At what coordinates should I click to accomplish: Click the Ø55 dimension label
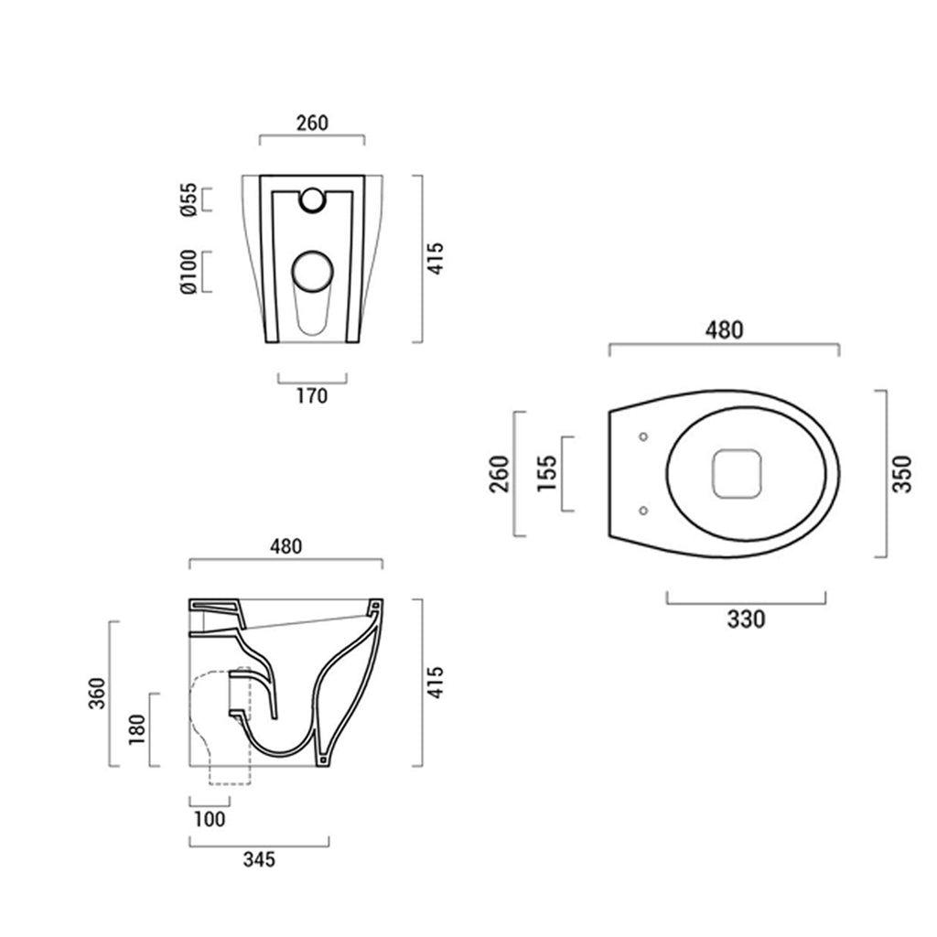[188, 199]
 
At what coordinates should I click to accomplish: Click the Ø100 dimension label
[188, 272]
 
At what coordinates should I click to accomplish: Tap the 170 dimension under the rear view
[311, 396]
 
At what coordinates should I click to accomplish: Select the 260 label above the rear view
[312, 123]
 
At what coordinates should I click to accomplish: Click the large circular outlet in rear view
[313, 272]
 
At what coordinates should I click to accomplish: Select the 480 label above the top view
[724, 329]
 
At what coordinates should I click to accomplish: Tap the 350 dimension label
[903, 473]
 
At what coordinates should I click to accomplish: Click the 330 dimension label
[746, 619]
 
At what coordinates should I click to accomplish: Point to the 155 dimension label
[547, 473]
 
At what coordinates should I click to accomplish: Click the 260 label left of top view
[499, 473]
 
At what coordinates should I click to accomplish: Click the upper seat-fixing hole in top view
[642, 436]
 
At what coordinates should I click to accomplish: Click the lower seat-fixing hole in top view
[642, 511]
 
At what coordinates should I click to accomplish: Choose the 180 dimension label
[137, 729]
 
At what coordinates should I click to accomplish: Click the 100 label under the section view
[210, 819]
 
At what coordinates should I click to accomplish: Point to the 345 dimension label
[259, 859]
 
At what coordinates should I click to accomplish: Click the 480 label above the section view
[285, 546]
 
